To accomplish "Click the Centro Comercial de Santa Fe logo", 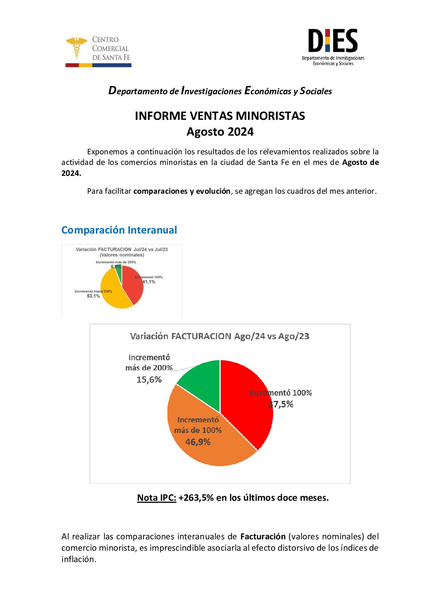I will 98,51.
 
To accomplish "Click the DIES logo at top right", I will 333,46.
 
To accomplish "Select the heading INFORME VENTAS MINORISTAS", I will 220,116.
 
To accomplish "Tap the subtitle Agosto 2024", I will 220,132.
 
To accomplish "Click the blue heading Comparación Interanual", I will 119,230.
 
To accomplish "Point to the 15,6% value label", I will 149,380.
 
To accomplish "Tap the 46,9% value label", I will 198,442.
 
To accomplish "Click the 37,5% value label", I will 281,404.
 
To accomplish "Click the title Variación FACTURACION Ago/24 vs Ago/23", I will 219,336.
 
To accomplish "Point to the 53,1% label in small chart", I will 93,296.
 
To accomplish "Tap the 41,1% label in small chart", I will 149,282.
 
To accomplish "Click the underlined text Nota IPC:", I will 156,498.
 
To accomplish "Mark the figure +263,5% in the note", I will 196,498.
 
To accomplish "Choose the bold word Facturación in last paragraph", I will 263,537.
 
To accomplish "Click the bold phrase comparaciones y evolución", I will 182,191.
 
